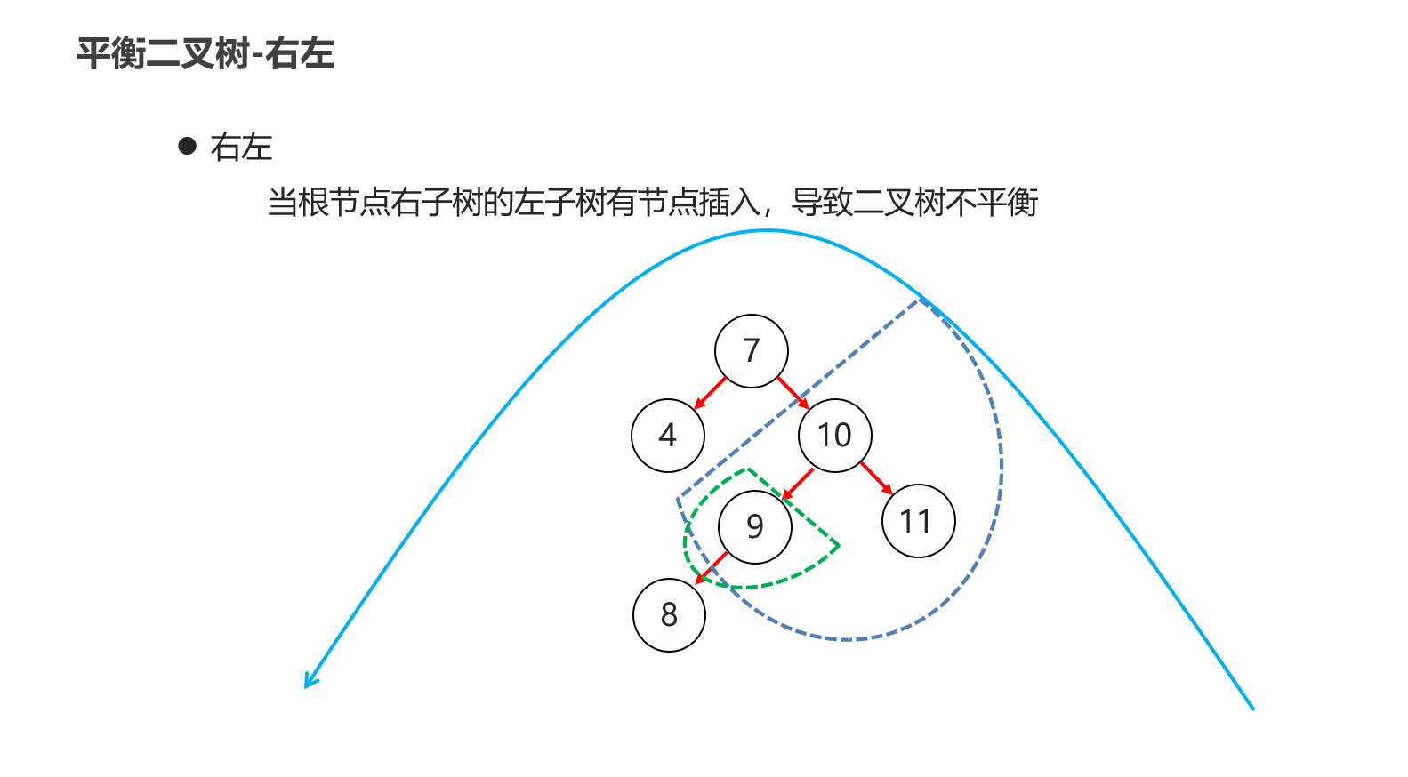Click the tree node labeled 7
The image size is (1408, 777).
[x=752, y=351]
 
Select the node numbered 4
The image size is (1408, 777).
[x=668, y=436]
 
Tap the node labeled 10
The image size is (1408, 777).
[x=834, y=436]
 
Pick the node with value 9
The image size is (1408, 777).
[x=755, y=526]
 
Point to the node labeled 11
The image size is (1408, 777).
[x=918, y=521]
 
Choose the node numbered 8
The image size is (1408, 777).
[x=669, y=615]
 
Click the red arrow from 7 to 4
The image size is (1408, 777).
[x=710, y=393]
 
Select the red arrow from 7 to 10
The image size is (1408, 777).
[x=793, y=393]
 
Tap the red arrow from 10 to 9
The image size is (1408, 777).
[x=797, y=485]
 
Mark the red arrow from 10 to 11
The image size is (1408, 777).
[x=876, y=478]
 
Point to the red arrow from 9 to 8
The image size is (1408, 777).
[x=711, y=568]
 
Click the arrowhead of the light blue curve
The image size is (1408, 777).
[x=310, y=681]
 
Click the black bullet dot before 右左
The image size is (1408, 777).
[x=188, y=146]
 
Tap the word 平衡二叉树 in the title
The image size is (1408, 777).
[x=164, y=53]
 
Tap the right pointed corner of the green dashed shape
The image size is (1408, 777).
[x=839, y=545]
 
